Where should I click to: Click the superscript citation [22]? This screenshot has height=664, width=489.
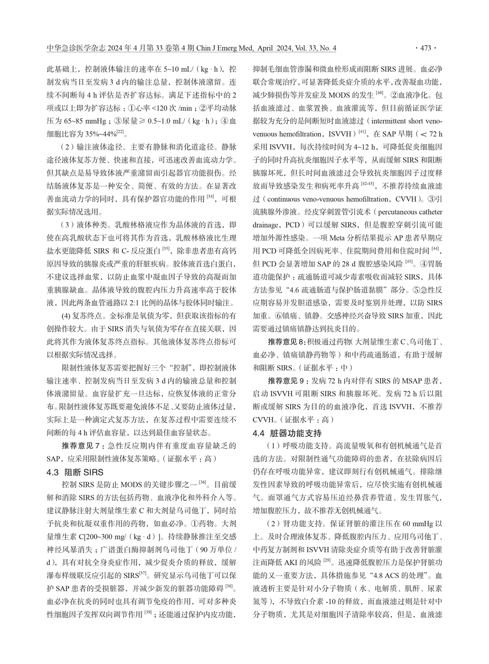pos(121,132)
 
